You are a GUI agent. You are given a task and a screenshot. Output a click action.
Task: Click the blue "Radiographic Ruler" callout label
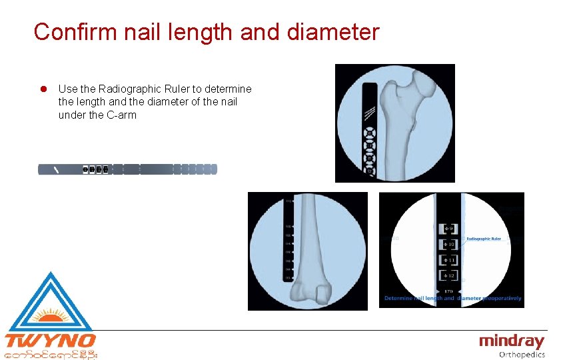pos(484,238)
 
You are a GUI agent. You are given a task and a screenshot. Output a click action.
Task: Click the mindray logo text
pos(511,342)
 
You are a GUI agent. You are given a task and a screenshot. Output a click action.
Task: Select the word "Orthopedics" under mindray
pos(521,355)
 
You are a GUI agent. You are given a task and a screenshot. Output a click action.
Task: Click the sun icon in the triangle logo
pos(51,313)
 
